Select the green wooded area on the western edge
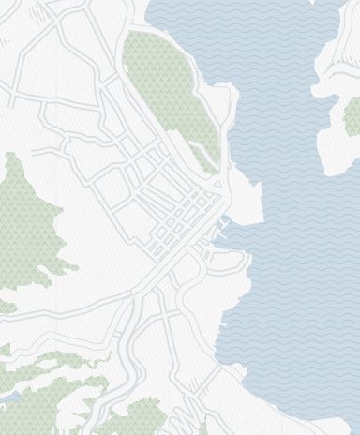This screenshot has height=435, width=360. coord(28,225)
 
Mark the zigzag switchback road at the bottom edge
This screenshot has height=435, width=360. coord(192,417)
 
